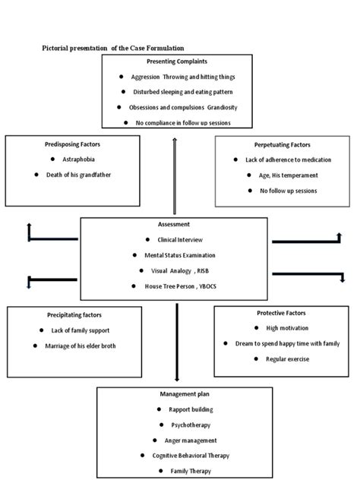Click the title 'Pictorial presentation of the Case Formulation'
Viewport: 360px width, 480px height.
(x=112, y=48)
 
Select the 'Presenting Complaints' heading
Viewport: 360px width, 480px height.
(x=176, y=61)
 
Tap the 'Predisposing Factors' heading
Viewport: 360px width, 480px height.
(x=72, y=144)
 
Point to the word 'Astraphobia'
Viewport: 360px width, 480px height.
(x=78, y=159)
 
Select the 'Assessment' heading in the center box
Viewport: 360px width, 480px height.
(x=174, y=225)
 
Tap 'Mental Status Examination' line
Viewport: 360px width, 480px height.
(x=179, y=255)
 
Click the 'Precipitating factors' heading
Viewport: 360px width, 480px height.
(x=74, y=314)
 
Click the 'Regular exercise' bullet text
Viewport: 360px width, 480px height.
(x=286, y=358)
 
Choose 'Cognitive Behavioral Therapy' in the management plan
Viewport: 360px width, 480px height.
(x=186, y=456)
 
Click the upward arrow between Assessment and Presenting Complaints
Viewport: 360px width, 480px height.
(x=175, y=175)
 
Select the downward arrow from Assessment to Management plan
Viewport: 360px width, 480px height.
(x=176, y=342)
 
